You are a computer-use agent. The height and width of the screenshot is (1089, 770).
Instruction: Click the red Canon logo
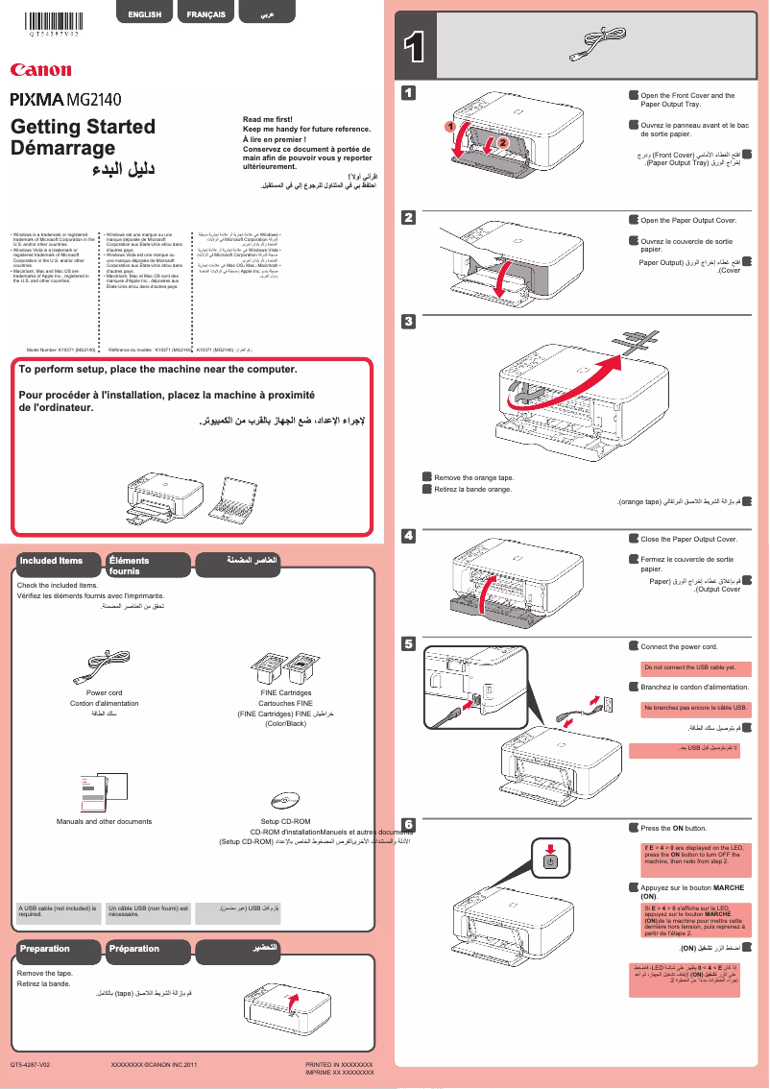40,69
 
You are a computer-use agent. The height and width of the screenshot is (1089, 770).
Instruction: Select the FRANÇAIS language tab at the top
206,14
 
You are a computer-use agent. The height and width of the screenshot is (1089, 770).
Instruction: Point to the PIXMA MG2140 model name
66,98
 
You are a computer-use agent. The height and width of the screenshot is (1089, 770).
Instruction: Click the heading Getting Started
83,127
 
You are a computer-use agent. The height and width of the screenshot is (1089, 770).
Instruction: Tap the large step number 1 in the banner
414,48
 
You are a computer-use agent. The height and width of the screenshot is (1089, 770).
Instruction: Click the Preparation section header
45,949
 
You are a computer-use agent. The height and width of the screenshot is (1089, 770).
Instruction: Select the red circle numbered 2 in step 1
500,144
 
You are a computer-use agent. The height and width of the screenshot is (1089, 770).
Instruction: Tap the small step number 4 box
409,535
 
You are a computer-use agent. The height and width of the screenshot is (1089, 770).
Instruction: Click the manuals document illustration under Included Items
96,787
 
